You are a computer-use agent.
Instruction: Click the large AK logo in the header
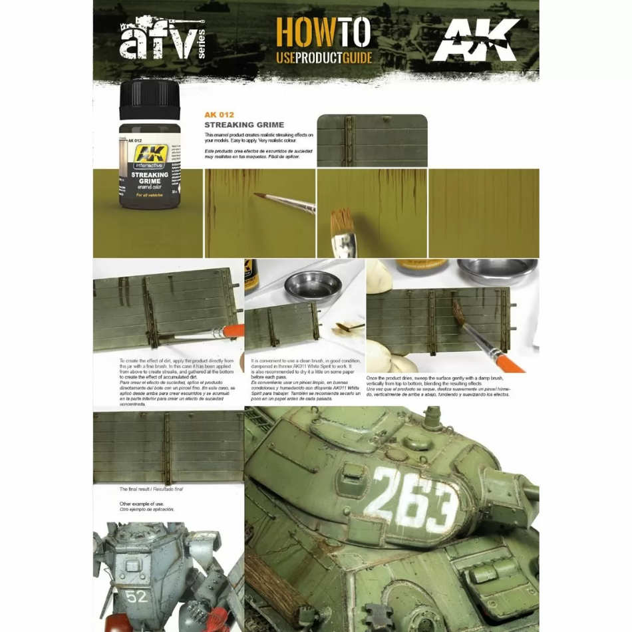(x=475, y=41)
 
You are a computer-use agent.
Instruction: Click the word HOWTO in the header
(x=323, y=34)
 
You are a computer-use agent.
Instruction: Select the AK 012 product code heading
(x=219, y=114)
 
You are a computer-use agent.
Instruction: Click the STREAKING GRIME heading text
(x=244, y=124)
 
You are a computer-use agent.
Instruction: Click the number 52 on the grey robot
(x=138, y=596)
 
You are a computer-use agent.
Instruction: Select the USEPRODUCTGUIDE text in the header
(x=323, y=57)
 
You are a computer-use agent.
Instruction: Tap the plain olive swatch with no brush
(x=484, y=213)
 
